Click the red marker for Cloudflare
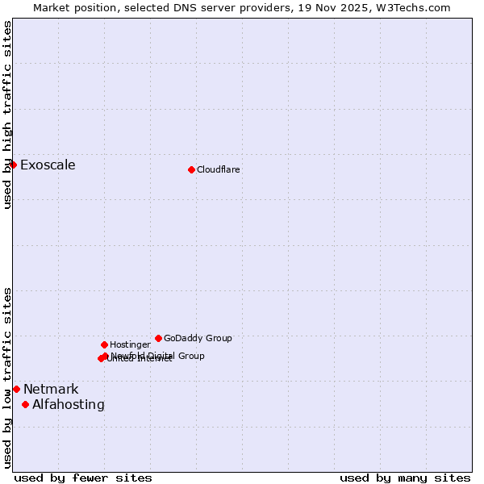pos(191,169)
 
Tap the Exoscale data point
pos(13,165)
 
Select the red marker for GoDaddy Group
pos(158,338)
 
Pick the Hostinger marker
pos(104,344)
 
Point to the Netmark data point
pos(16,389)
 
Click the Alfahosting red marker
pos(26,404)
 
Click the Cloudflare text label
pos(219,169)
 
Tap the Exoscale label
pos(48,165)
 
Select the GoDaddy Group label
pos(198,338)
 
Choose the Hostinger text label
pos(130,344)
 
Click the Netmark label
pos(51,390)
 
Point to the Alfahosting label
pos(69,405)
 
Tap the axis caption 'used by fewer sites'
pos(83,478)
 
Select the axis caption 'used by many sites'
pos(405,478)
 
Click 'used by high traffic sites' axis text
pos(8,115)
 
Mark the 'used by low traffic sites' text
pos(8,378)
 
